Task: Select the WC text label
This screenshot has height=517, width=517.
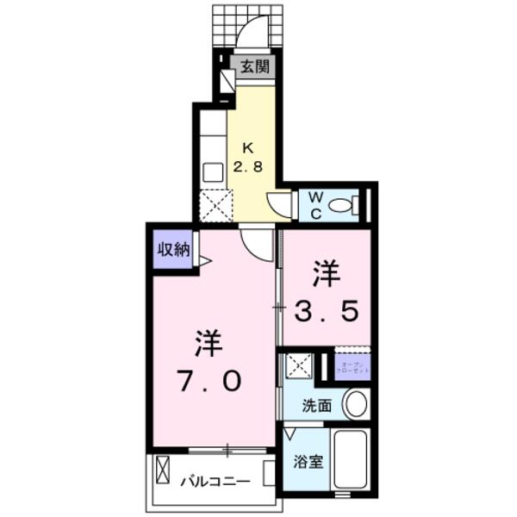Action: point(315,204)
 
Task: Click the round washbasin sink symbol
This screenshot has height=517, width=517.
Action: point(355,403)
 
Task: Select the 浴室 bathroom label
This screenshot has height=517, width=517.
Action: point(309,461)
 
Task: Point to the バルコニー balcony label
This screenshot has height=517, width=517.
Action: point(215,481)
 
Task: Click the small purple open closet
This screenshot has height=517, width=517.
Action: point(352,366)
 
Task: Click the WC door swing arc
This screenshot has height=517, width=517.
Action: point(279,205)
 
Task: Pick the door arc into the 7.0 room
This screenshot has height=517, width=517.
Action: point(257,243)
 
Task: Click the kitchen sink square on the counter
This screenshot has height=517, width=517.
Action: point(212,171)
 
